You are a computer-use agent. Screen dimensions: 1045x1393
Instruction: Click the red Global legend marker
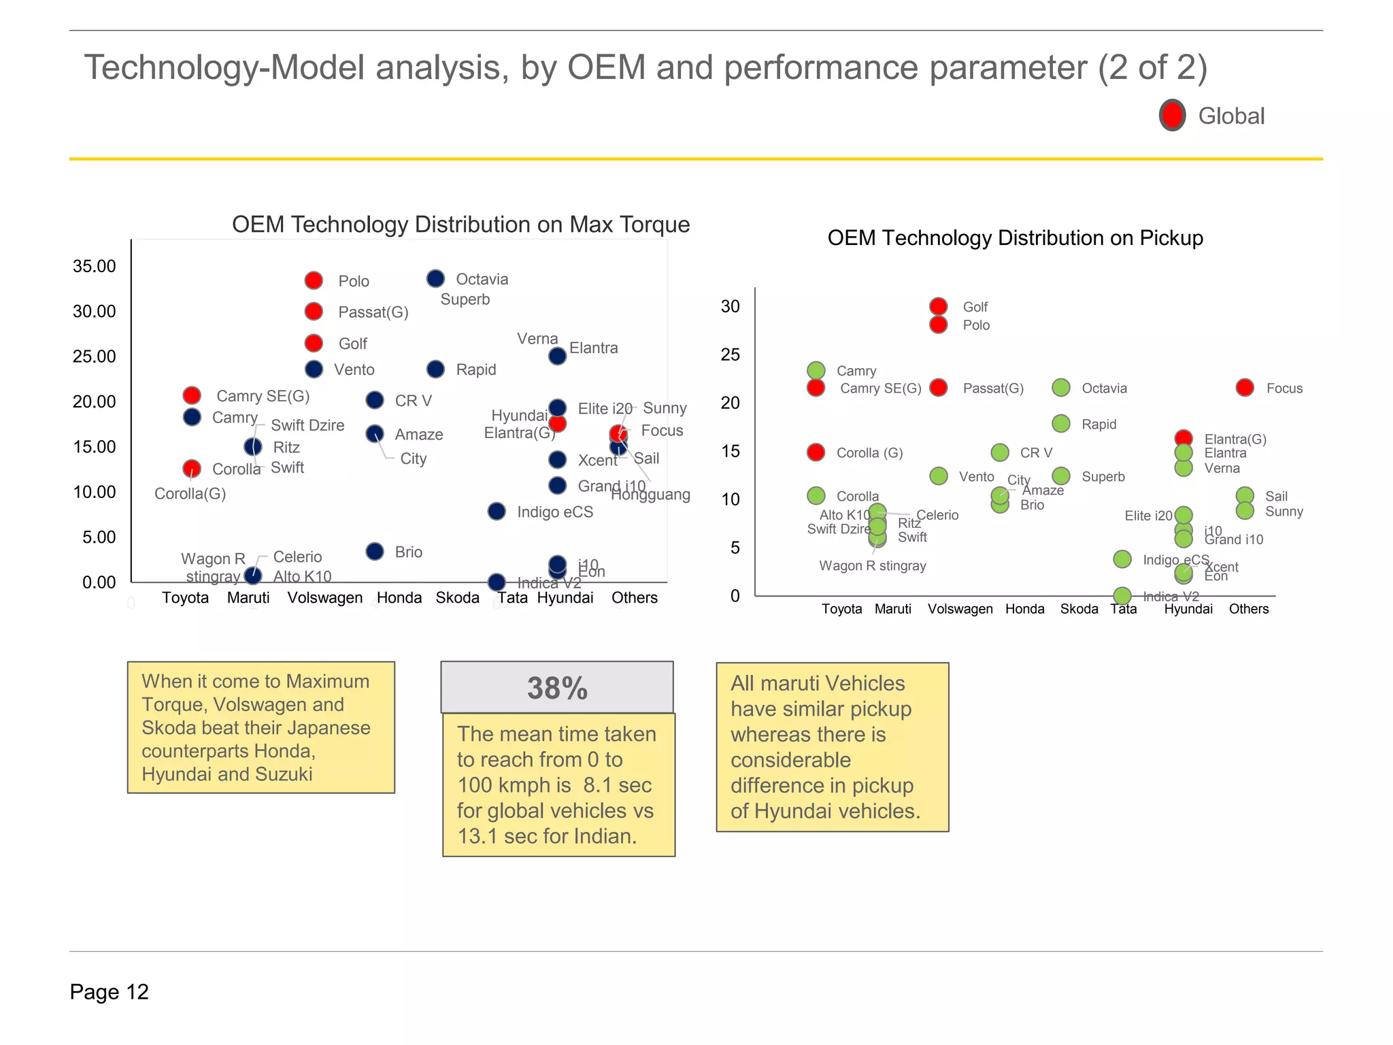[x=1172, y=115]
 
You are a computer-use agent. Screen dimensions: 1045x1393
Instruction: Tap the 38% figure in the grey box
[x=557, y=688]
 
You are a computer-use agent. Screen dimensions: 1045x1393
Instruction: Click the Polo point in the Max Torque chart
[x=314, y=280]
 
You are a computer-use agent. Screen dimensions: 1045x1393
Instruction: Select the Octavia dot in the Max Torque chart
[x=435, y=278]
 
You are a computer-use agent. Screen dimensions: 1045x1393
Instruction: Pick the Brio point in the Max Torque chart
[x=375, y=551]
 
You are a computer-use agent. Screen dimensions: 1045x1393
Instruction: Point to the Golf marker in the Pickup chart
[x=939, y=306]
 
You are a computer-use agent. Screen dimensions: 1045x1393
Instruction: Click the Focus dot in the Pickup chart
[x=1245, y=388]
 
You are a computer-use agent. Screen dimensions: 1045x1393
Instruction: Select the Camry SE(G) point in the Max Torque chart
[x=192, y=395]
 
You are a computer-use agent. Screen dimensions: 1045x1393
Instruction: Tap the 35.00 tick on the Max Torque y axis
[x=95, y=266]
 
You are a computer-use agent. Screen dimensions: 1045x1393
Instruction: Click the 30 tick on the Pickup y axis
[x=730, y=306]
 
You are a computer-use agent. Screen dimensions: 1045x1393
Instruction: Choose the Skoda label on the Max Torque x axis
[x=457, y=597]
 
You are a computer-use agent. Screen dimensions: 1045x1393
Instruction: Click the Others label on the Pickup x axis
[x=1248, y=609]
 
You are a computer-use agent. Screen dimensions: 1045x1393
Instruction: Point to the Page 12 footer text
[x=109, y=992]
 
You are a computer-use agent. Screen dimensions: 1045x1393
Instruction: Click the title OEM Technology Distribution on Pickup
[x=1015, y=237]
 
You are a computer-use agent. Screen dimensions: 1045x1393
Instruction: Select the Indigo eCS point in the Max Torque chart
[x=497, y=511]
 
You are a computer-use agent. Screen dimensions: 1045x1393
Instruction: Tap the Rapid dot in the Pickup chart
[x=1061, y=424]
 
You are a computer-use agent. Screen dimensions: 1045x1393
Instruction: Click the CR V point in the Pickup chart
[x=1000, y=452]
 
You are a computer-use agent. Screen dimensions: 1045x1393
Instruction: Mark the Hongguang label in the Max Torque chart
[x=650, y=495]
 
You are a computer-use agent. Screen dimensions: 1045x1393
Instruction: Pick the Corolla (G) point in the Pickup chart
[x=816, y=452]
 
